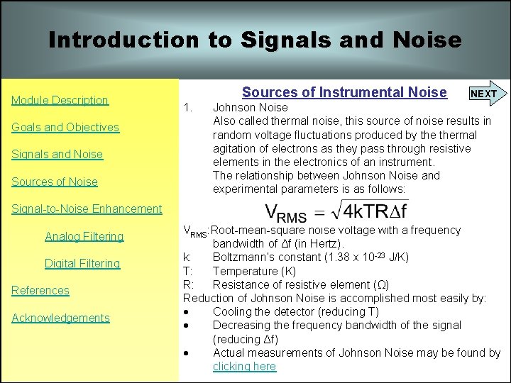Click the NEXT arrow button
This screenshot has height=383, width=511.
tap(485, 93)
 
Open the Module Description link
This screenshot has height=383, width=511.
tap(60, 100)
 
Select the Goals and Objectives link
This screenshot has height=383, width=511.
tap(65, 127)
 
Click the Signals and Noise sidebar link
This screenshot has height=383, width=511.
tap(57, 154)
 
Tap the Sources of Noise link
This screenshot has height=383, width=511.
tap(55, 182)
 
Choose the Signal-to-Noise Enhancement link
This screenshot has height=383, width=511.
tap(87, 209)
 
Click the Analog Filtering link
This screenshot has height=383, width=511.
tap(84, 236)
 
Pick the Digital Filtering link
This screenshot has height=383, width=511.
tap(82, 263)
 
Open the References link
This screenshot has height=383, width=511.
tap(40, 290)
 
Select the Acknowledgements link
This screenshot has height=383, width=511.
tap(61, 318)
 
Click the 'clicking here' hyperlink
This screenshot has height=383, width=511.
tap(244, 366)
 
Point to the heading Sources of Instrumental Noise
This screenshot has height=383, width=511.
tap(344, 92)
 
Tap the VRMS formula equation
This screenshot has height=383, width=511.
tap(336, 211)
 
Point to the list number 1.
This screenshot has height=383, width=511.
tap(188, 108)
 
